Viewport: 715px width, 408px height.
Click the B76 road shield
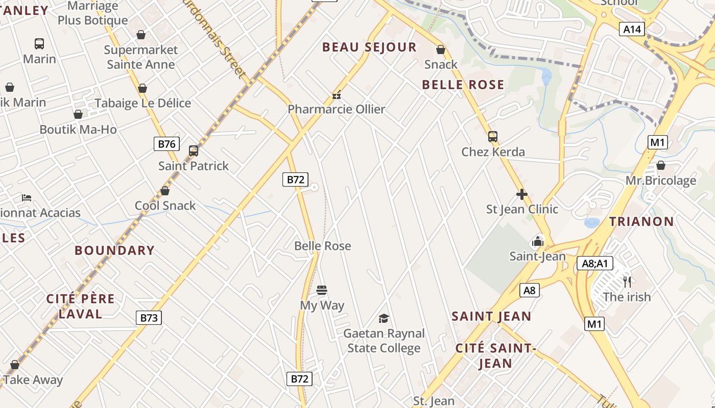(166, 144)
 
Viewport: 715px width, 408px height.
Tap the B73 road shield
(149, 318)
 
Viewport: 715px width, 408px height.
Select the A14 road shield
(632, 29)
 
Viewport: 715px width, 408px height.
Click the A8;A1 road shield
(594, 263)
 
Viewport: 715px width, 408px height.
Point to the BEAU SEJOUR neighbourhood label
(369, 47)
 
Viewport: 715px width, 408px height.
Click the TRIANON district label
(641, 221)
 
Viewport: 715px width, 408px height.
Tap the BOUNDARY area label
(114, 250)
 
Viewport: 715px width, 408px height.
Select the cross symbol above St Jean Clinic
(521, 194)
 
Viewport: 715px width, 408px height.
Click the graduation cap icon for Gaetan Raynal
(384, 319)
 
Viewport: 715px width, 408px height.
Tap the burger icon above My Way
(322, 291)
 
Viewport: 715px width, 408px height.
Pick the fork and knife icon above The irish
(627, 281)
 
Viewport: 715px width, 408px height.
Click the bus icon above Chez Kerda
(493, 137)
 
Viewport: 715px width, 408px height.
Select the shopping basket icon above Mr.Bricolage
(660, 165)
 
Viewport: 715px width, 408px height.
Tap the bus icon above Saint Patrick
(193, 151)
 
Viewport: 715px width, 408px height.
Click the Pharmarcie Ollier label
(336, 109)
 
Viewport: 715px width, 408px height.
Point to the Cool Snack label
(165, 206)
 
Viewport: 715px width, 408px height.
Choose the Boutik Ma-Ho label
(78, 130)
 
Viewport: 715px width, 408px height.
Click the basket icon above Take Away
(15, 365)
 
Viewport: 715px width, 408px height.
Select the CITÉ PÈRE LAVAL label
(80, 306)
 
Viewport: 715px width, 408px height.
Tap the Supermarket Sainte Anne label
(140, 57)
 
